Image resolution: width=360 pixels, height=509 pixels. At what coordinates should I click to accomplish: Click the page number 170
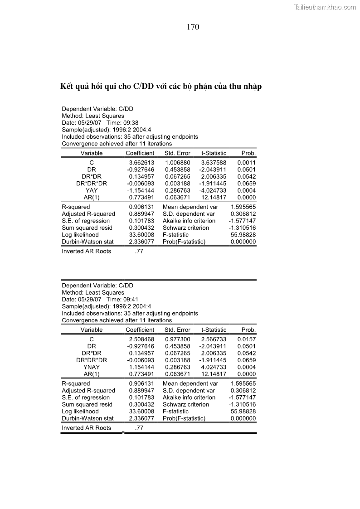tap(193, 27)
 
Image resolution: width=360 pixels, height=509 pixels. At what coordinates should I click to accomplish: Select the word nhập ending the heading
tap(252, 87)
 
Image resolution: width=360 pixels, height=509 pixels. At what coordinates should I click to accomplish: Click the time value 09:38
tap(131, 123)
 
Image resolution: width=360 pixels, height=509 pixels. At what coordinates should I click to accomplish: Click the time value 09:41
tap(131, 300)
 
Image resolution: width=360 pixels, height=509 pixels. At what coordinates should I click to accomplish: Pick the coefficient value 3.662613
tap(141, 162)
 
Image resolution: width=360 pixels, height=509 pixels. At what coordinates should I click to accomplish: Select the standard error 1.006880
tap(178, 162)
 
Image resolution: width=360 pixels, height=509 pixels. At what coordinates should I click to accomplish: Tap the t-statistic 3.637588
tap(213, 162)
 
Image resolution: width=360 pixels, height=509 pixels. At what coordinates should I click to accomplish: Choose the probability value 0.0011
tap(246, 162)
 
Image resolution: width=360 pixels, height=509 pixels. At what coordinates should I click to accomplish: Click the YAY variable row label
tap(92, 190)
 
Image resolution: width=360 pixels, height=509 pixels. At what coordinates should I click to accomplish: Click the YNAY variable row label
tap(92, 367)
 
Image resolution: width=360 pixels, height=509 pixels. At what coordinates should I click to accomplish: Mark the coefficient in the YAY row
tap(141, 190)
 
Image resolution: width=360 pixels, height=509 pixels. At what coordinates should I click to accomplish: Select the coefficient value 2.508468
tap(141, 339)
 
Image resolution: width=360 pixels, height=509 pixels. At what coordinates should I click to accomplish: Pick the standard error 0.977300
tap(178, 339)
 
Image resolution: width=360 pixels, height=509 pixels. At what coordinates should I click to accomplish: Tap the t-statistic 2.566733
tap(213, 339)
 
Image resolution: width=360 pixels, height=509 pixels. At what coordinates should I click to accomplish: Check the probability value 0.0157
tap(246, 339)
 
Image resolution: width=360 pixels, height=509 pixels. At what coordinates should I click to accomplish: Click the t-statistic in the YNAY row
tap(213, 367)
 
